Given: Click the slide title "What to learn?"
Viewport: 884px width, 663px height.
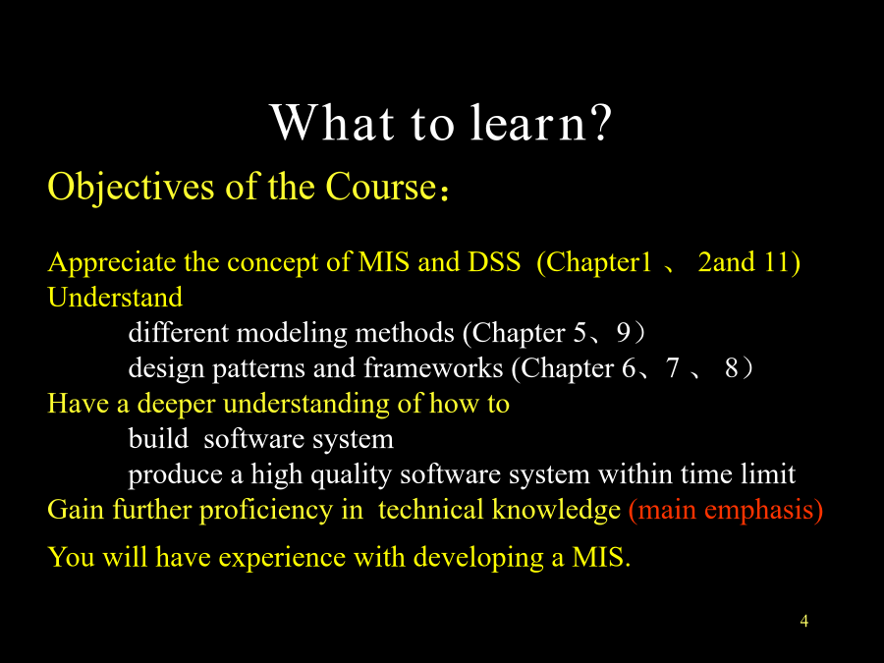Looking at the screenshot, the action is (441, 123).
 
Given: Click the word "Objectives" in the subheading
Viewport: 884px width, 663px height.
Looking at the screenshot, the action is (131, 187).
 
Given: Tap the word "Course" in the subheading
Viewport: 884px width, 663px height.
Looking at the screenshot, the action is (381, 187).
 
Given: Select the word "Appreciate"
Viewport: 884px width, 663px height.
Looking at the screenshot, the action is (112, 262).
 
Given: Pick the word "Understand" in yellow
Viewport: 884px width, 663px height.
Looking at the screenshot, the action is (115, 297).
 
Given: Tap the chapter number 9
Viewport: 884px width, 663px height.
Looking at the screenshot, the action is (624, 333).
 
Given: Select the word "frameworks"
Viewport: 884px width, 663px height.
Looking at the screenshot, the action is (433, 368).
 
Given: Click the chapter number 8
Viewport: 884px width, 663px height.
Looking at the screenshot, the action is (731, 368).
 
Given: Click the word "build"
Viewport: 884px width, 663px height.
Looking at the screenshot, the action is (158, 439).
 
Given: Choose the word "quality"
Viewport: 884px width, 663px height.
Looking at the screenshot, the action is (351, 474).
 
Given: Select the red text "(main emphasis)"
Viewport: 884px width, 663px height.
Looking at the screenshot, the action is (726, 510).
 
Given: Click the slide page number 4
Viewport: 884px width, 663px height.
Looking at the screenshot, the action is (803, 622).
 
